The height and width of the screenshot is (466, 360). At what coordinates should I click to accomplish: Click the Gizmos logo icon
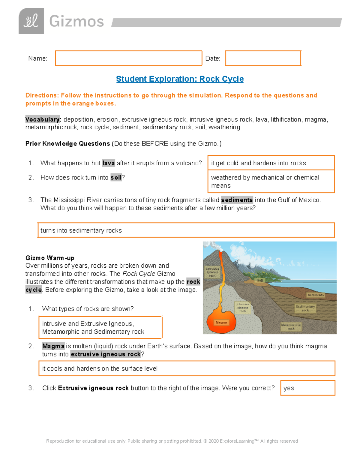pos(31,21)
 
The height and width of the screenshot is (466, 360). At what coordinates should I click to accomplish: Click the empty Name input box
pos(128,58)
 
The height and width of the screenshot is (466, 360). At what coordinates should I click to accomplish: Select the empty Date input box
pos(263,58)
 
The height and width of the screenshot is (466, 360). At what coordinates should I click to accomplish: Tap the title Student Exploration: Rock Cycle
pos(180,79)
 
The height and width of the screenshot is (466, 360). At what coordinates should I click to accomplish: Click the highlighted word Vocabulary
pos(43,119)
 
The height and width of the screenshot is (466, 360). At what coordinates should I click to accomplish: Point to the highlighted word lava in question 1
pos(108,163)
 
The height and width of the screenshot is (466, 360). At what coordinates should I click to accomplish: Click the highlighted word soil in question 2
pos(116,178)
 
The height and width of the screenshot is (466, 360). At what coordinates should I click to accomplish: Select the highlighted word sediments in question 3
pos(237,200)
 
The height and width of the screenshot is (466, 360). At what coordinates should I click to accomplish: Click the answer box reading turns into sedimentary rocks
pos(186,230)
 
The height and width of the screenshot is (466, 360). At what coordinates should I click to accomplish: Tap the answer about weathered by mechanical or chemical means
pos(271,182)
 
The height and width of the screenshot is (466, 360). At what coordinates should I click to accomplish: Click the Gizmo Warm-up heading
pos(50,258)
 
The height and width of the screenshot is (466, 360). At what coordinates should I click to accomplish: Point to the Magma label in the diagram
pos(221,323)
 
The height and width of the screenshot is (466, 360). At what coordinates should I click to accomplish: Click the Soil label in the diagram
pos(260,281)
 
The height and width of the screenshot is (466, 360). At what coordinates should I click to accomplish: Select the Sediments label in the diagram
pos(315,295)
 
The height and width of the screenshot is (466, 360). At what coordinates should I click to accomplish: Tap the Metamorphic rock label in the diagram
pos(291,327)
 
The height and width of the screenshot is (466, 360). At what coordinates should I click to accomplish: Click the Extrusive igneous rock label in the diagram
pos(212,272)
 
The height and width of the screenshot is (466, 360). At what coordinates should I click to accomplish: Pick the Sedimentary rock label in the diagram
pos(305,308)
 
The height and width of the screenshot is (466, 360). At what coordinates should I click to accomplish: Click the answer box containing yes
pos(307,388)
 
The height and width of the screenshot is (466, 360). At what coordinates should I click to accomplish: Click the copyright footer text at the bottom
pos(172,441)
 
